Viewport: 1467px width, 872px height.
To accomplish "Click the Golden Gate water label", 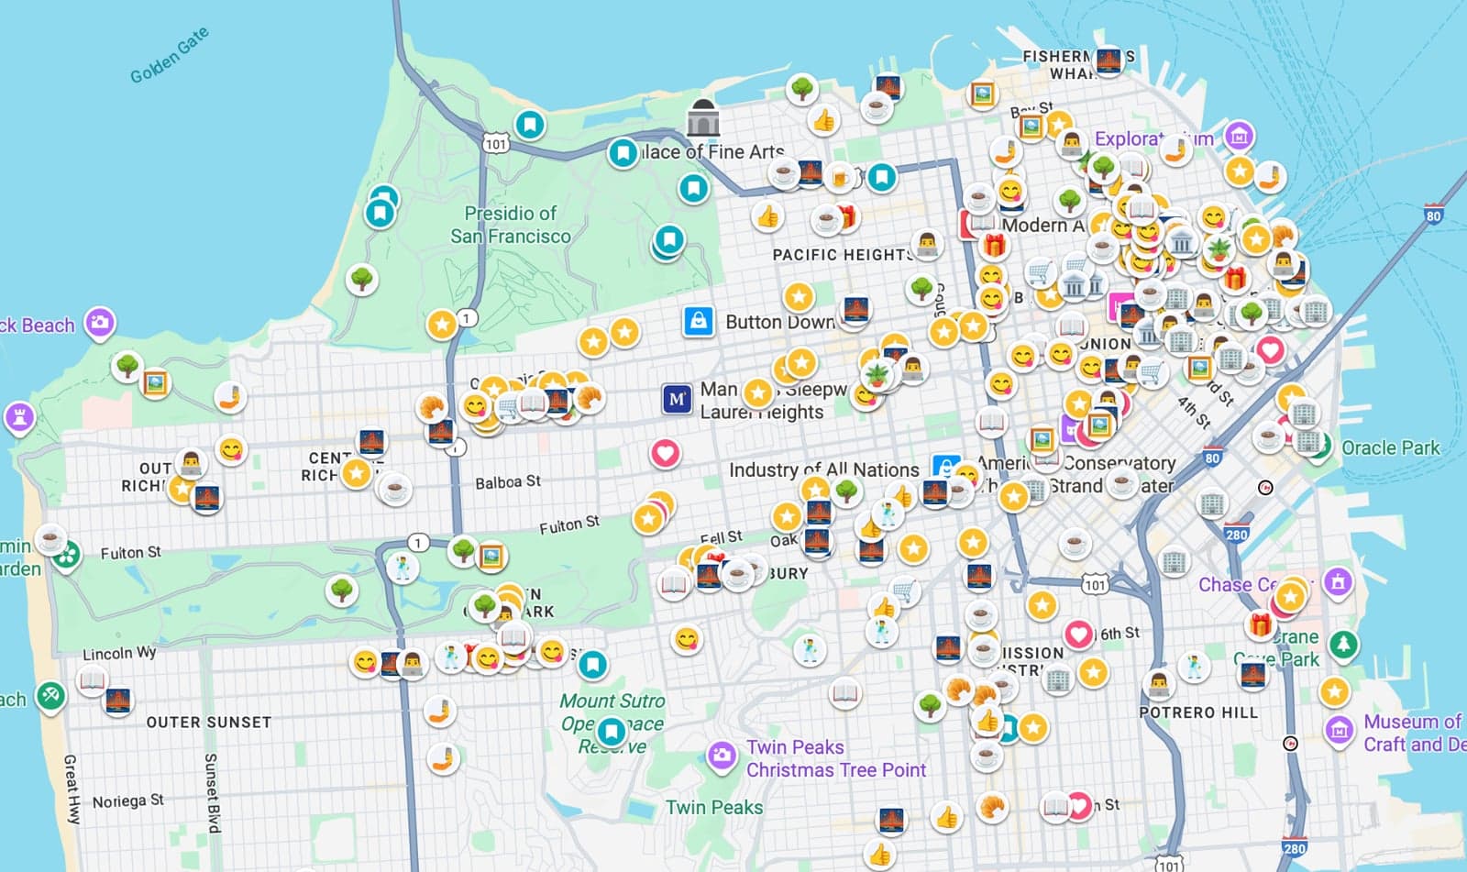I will [x=170, y=55].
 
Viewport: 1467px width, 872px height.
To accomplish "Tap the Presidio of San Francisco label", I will [x=510, y=225].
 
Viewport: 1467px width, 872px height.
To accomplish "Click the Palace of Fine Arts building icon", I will [x=703, y=118].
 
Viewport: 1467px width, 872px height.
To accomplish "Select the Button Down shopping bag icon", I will [x=699, y=321].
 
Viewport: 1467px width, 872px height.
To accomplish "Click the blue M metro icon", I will [x=677, y=399].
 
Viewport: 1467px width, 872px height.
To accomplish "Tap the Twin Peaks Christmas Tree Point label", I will [x=834, y=758].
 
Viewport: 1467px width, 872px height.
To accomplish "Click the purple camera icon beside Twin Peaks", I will [x=722, y=756].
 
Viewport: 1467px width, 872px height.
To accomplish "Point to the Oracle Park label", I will [x=1390, y=447].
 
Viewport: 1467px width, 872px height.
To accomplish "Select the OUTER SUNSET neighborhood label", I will [x=209, y=723].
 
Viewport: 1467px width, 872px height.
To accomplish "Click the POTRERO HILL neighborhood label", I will [x=1197, y=712].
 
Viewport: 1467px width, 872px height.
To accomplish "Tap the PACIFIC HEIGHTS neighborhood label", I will [x=842, y=255].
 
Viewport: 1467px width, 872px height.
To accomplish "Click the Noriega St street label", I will [x=127, y=801].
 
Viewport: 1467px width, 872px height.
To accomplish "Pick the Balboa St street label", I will [x=507, y=482].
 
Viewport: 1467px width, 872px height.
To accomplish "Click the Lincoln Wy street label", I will [x=119, y=654].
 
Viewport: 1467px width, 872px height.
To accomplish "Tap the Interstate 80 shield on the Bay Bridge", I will [x=1433, y=215].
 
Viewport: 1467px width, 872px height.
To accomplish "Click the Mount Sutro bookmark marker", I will [x=611, y=732].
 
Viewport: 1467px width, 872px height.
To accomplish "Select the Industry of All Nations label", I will [x=822, y=469].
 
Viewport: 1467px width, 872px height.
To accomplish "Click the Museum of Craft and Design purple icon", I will [x=1340, y=731].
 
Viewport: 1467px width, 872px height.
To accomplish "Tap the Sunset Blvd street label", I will [x=212, y=793].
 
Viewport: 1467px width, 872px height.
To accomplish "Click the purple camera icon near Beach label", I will [x=99, y=323].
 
